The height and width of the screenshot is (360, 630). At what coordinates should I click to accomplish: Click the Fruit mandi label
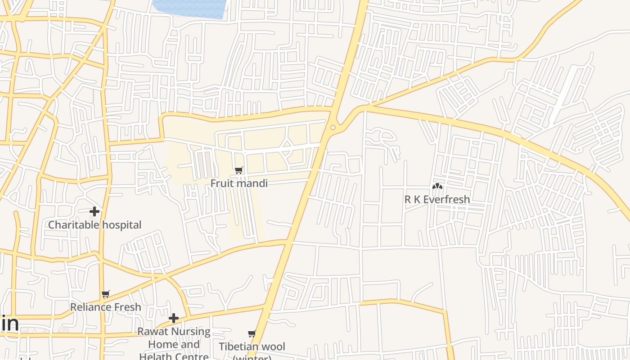(239, 183)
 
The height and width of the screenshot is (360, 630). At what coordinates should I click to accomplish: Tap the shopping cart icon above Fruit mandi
(239, 170)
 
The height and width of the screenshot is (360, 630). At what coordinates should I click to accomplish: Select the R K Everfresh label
(437, 199)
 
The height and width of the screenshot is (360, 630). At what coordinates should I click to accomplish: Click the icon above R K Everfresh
(437, 186)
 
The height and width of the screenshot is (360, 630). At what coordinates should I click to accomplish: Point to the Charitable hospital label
(94, 225)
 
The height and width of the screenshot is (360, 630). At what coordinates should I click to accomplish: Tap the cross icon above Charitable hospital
(94, 211)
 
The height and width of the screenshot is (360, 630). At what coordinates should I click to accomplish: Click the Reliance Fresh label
(106, 307)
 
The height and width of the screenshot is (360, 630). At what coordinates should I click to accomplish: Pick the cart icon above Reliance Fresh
(106, 294)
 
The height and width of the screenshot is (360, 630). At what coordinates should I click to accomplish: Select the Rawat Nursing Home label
(174, 344)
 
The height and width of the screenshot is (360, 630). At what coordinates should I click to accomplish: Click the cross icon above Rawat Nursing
(174, 319)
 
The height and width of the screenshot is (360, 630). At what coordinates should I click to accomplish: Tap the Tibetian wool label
(252, 346)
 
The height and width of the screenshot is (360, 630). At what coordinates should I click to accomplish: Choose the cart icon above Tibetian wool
(252, 334)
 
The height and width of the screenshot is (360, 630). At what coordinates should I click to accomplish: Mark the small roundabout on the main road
(333, 128)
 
